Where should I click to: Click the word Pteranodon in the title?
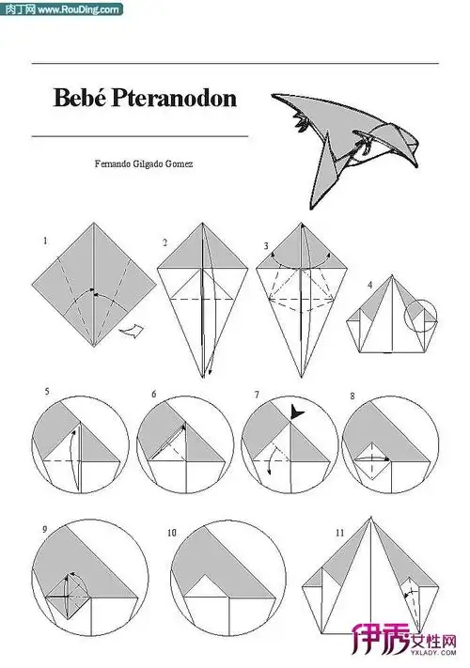click(174, 98)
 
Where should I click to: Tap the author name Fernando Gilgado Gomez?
click(144, 163)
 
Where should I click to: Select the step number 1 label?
click(45, 241)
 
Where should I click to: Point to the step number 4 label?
click(369, 284)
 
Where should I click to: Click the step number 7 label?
click(257, 395)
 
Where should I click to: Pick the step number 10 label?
click(172, 533)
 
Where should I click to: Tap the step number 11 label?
click(339, 533)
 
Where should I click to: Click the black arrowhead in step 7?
click(296, 412)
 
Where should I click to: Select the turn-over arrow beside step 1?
click(132, 331)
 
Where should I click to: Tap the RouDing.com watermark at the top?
click(62, 9)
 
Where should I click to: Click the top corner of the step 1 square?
click(94, 223)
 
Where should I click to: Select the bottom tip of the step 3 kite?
click(301, 378)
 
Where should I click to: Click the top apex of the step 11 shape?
click(370, 517)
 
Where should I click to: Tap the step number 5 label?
click(47, 391)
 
